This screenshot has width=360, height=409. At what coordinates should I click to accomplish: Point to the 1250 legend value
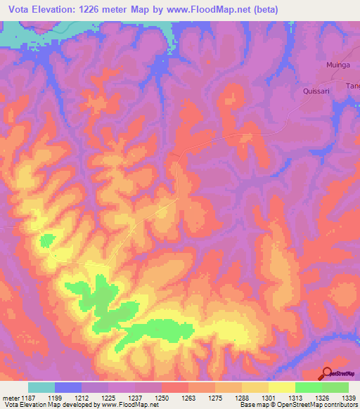pos(161,398)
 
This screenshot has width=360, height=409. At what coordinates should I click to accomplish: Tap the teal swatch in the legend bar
pos(41,387)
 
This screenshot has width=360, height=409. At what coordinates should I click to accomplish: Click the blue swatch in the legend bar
pos(68,387)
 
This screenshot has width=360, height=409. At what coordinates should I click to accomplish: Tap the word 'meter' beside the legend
pos(10,398)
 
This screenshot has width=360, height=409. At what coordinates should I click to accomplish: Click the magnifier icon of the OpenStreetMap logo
pos(327,373)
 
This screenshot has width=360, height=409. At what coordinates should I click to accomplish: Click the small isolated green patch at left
pos(47,240)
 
